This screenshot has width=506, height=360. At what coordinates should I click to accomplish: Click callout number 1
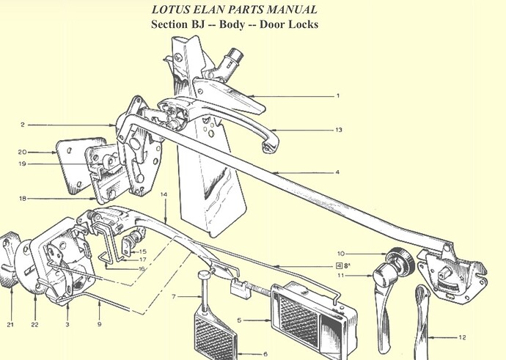coord(338,96)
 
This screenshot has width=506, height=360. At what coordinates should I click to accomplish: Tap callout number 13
coord(338,130)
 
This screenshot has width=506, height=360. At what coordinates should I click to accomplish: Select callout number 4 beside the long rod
coord(337,172)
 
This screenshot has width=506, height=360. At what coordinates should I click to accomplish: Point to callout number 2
coord(22,125)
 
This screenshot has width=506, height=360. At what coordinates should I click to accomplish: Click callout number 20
coord(22,152)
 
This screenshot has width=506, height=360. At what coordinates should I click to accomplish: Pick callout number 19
coord(22,164)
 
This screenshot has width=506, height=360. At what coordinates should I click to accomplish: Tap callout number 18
coord(22,199)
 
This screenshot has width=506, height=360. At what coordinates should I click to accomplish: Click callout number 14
coord(164,194)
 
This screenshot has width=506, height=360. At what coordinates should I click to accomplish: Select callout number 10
coord(341,254)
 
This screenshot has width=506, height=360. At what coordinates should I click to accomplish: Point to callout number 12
coord(462,337)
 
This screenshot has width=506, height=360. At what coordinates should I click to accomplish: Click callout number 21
coord(10,325)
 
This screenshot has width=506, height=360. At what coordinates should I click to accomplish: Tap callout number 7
coord(174,296)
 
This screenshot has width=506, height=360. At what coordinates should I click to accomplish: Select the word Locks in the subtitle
coord(304,24)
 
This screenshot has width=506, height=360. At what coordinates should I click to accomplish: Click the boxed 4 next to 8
coord(339,266)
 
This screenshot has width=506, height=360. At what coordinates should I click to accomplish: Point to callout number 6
coord(265,354)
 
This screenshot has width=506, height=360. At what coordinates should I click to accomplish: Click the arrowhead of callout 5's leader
coord(269,320)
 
